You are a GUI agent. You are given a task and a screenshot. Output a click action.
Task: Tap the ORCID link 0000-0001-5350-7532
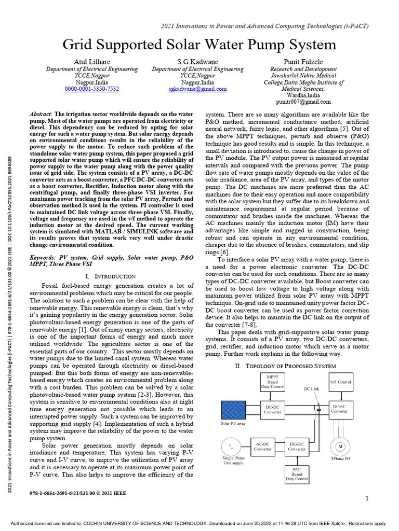tap(91, 89)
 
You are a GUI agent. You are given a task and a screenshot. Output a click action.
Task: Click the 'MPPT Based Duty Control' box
tap(272, 382)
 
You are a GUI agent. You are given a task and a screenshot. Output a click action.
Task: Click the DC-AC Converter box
tap(339, 409)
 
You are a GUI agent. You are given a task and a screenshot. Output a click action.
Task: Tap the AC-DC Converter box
tap(263, 446)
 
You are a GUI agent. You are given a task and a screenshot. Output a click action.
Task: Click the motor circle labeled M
tap(340, 447)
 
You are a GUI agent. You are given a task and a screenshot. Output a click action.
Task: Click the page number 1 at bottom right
tap(367, 499)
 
